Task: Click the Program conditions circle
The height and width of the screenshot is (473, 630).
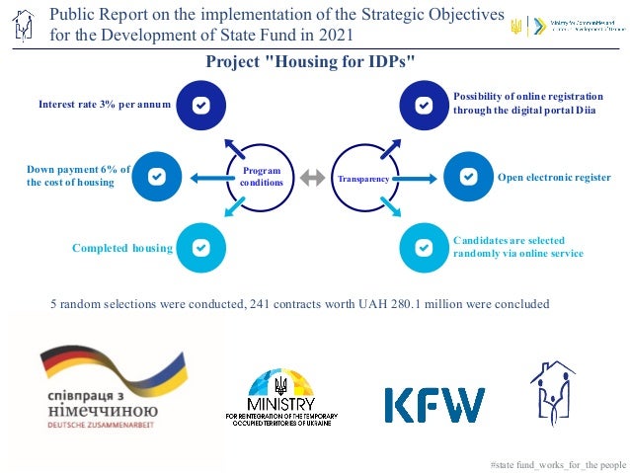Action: point(262,178)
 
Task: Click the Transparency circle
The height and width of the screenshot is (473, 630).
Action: point(361,178)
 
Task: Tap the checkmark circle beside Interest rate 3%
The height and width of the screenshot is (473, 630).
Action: point(200,105)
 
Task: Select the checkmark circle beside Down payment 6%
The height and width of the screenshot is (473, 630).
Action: point(156,176)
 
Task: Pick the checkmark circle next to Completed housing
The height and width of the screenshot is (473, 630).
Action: point(200,247)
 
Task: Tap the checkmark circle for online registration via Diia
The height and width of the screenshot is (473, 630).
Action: point(424,105)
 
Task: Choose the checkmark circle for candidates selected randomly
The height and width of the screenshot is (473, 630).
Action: point(424,247)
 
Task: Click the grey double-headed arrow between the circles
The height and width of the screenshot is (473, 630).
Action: point(312,178)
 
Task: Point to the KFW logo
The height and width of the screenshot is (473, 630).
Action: point(433,405)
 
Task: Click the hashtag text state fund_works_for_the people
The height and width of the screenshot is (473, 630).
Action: point(558,463)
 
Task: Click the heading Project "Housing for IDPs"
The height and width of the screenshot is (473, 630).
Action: point(309,62)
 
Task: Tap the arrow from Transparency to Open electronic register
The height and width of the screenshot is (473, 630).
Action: point(418,178)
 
